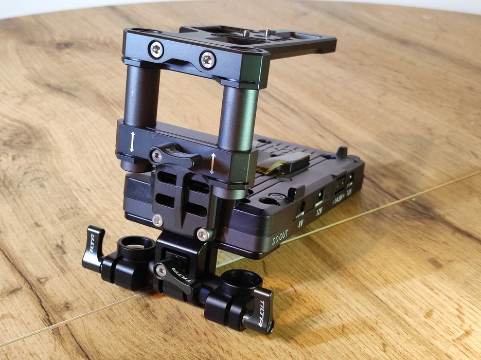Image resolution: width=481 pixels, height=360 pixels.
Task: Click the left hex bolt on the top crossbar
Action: pyautogui.click(x=156, y=50)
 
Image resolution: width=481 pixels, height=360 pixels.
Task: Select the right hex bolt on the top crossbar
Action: pyautogui.click(x=207, y=60)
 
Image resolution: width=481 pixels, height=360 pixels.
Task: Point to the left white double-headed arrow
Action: pyautogui.click(x=132, y=141)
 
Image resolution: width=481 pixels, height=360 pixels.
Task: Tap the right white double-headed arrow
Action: pyautogui.click(x=212, y=163)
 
